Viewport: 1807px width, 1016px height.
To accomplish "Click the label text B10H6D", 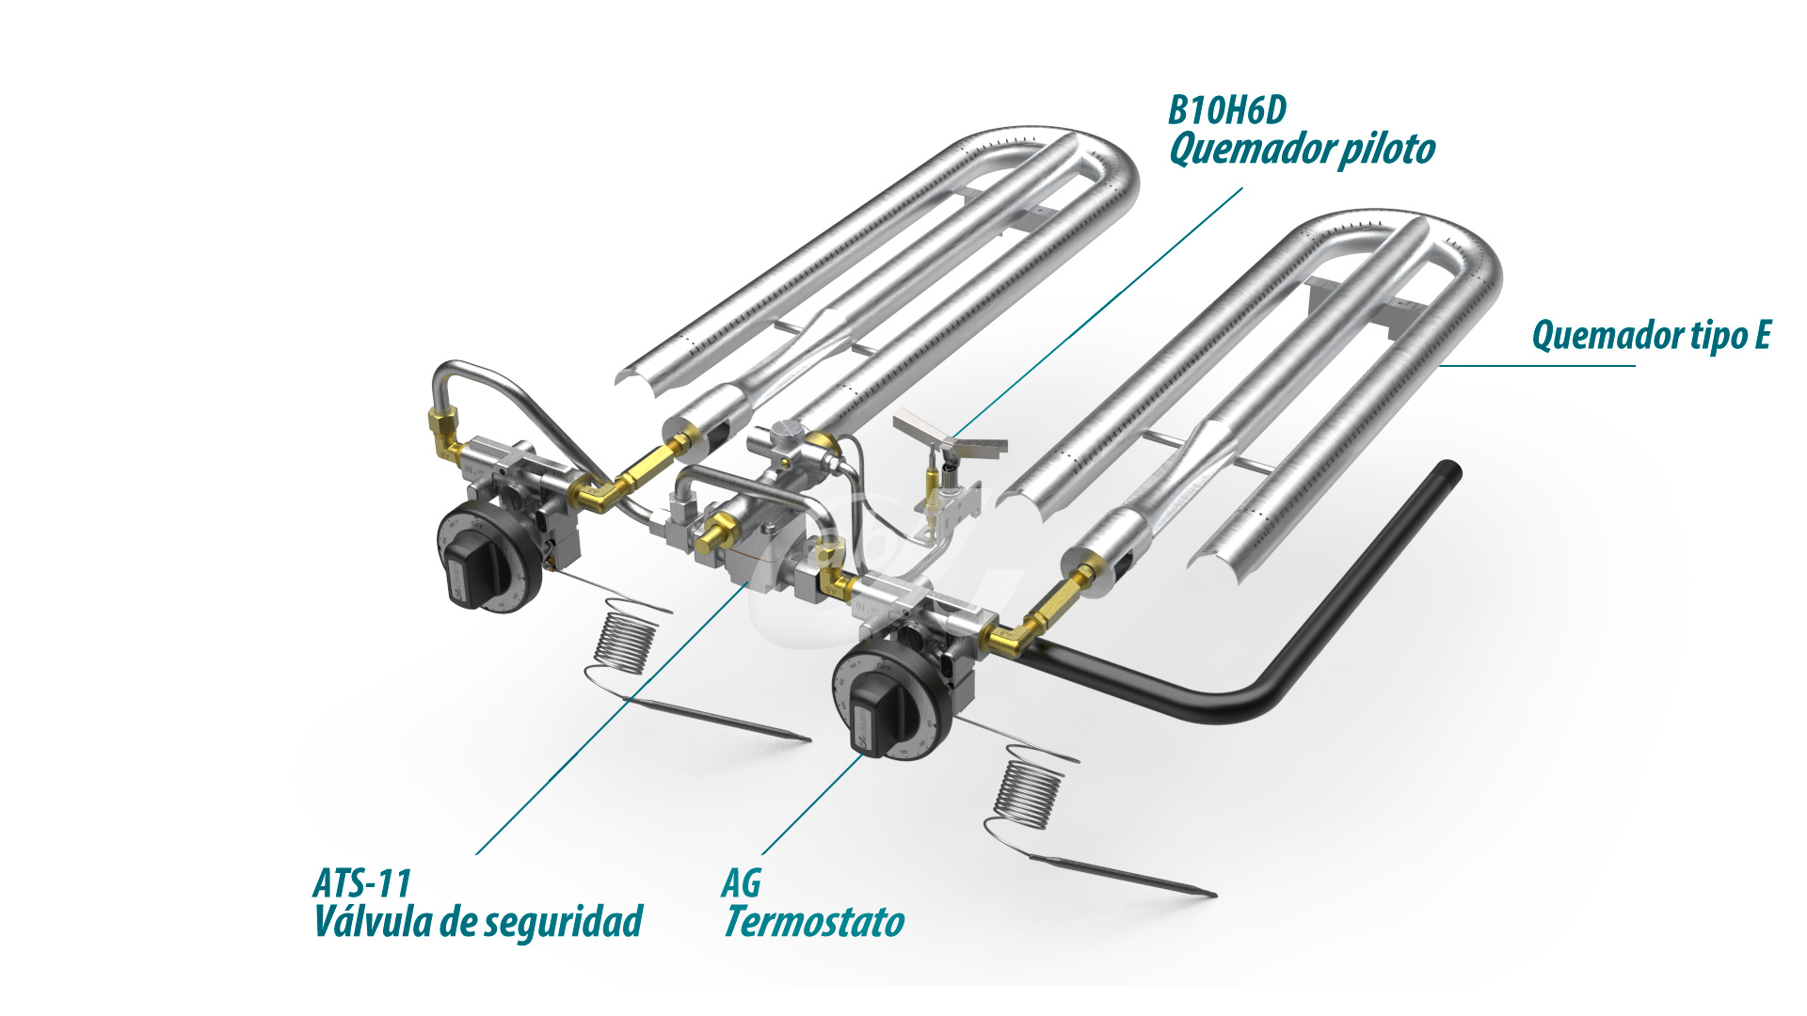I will click(1226, 111).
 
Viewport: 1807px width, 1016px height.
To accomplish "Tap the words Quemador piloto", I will click(1302, 150).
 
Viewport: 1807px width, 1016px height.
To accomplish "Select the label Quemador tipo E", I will click(1651, 336).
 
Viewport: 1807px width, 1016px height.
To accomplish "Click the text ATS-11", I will click(362, 884).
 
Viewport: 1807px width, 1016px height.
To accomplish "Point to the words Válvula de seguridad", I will click(478, 923).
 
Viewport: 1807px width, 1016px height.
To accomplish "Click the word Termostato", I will click(815, 923).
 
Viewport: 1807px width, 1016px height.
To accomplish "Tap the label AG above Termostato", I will click(742, 884).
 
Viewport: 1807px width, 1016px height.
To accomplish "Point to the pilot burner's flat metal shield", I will click(951, 436).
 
